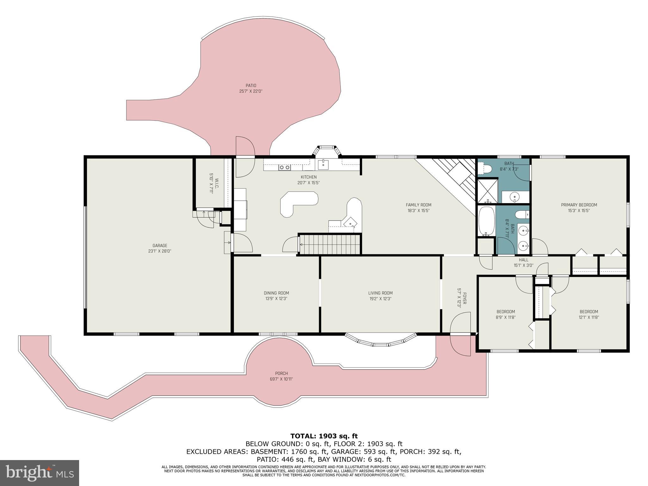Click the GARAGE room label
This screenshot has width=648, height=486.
pos(159,246)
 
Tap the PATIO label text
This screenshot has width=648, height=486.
pos(251,85)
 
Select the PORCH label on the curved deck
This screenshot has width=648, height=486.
pos(281,373)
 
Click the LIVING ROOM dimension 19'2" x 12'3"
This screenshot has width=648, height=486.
pos(380,298)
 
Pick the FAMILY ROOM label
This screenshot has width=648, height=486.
pos(418,205)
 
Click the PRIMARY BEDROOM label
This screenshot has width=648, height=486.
pos(579,205)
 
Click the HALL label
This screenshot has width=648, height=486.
pos(523,260)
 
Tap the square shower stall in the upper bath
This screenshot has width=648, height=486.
pos(487,191)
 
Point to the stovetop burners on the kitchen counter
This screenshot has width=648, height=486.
pos(284,167)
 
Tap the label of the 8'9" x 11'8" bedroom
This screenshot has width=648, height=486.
pos(505,312)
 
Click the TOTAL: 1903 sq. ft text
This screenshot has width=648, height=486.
pos(324,436)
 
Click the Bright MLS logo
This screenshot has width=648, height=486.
pos(40,473)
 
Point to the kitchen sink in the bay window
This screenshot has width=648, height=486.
pos(323,164)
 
